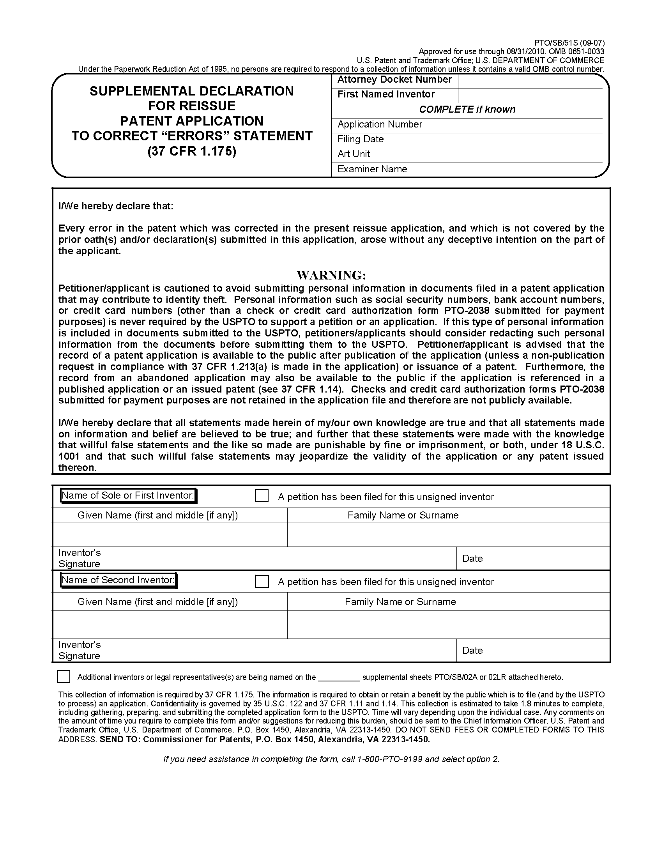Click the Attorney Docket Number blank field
[530, 81]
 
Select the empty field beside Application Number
[518, 125]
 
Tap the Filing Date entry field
[518, 140]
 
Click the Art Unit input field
[518, 155]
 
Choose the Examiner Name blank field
[518, 170]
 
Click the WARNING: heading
[331, 274]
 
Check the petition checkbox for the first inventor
[262, 496]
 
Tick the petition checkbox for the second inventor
[262, 582]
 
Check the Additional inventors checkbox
[64, 676]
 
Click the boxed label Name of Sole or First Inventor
[129, 495]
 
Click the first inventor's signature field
[284, 558]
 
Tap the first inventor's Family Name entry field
[448, 534]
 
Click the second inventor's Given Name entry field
[170, 624]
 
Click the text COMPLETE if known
[467, 110]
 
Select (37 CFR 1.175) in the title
[192, 151]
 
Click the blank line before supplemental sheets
[339, 677]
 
